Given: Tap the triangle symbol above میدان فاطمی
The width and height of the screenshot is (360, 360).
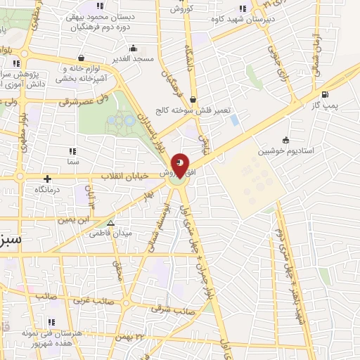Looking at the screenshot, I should (x=109, y=223).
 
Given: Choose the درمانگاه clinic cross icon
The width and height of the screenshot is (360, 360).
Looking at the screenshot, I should (x=47, y=179).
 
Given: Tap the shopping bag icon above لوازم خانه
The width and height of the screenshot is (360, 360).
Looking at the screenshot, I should (x=83, y=58).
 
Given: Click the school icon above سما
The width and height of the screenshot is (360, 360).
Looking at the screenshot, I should (x=71, y=151).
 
